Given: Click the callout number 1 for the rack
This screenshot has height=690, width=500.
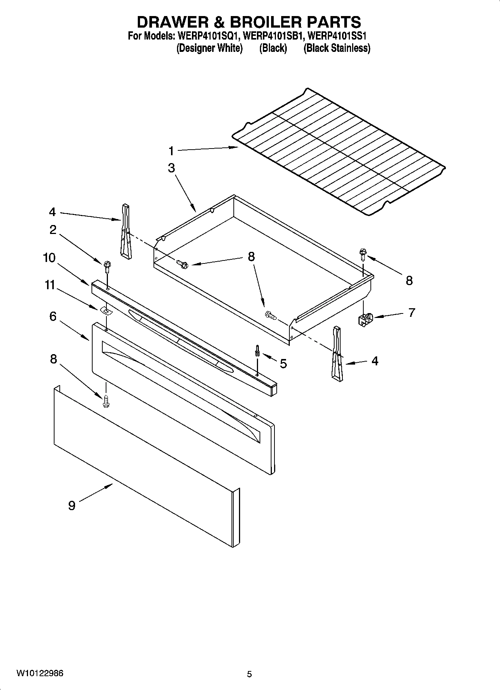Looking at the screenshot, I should coord(171,151).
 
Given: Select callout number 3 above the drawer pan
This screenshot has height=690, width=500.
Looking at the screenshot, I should coord(171,168).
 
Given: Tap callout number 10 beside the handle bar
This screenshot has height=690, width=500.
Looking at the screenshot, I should coord(49,258).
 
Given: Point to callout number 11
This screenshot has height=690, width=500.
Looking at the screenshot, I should coord(50,285).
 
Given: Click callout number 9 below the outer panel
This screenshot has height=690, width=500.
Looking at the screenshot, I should coord(72,506).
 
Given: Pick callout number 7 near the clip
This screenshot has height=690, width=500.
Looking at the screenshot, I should coord(412,312).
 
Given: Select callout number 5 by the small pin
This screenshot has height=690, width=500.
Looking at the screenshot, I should coord(283,363).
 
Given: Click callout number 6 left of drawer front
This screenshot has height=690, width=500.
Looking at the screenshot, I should coord(53,316).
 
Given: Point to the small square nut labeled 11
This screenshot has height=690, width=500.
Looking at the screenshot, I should coord(106,310).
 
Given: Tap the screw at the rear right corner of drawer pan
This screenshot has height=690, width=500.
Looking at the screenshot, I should coord(363,254).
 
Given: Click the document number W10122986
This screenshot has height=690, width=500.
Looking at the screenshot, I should coord(40,674).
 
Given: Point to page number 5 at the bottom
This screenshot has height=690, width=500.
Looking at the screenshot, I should coord(249,674).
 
